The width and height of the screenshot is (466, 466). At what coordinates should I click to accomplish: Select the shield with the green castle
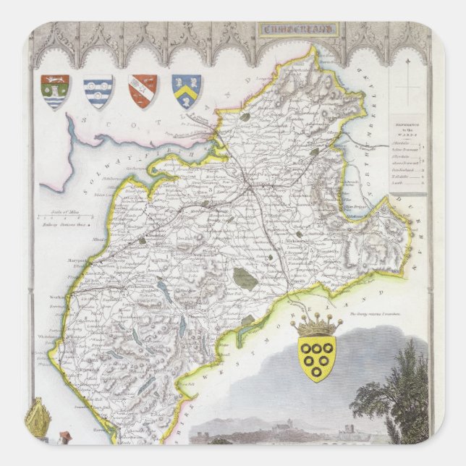click(55, 91)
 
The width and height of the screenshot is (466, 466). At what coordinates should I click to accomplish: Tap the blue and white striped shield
click(98, 91)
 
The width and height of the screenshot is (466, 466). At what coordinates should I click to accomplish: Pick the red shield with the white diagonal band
click(143, 91)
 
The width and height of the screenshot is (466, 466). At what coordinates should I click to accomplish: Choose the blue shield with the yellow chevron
click(186, 91)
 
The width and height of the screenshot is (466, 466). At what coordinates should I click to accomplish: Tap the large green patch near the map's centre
click(246, 278)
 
